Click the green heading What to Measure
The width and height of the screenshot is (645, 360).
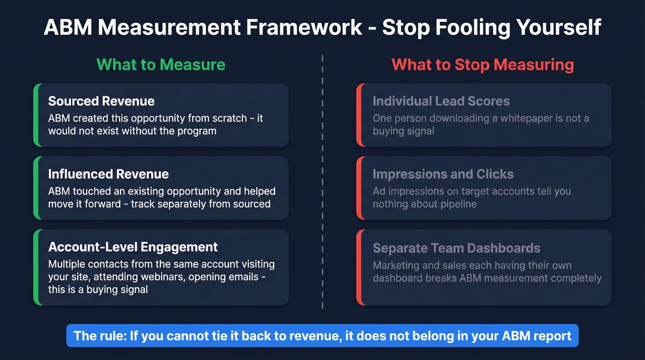pos(161,65)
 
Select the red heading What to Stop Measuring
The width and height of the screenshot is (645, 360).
pos(482,65)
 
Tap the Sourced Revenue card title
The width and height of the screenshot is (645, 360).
pos(101,101)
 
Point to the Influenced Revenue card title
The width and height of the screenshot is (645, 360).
pos(108,174)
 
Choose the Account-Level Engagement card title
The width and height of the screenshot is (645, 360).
pos(133,247)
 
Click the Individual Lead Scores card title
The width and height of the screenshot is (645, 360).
pos(441,101)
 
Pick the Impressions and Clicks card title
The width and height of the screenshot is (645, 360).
pos(443,174)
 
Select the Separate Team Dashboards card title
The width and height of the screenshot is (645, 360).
pos(456,248)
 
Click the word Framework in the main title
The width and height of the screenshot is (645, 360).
pos(304,28)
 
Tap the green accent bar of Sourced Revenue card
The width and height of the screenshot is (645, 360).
pos(36,115)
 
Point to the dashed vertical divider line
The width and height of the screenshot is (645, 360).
pos(322,184)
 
